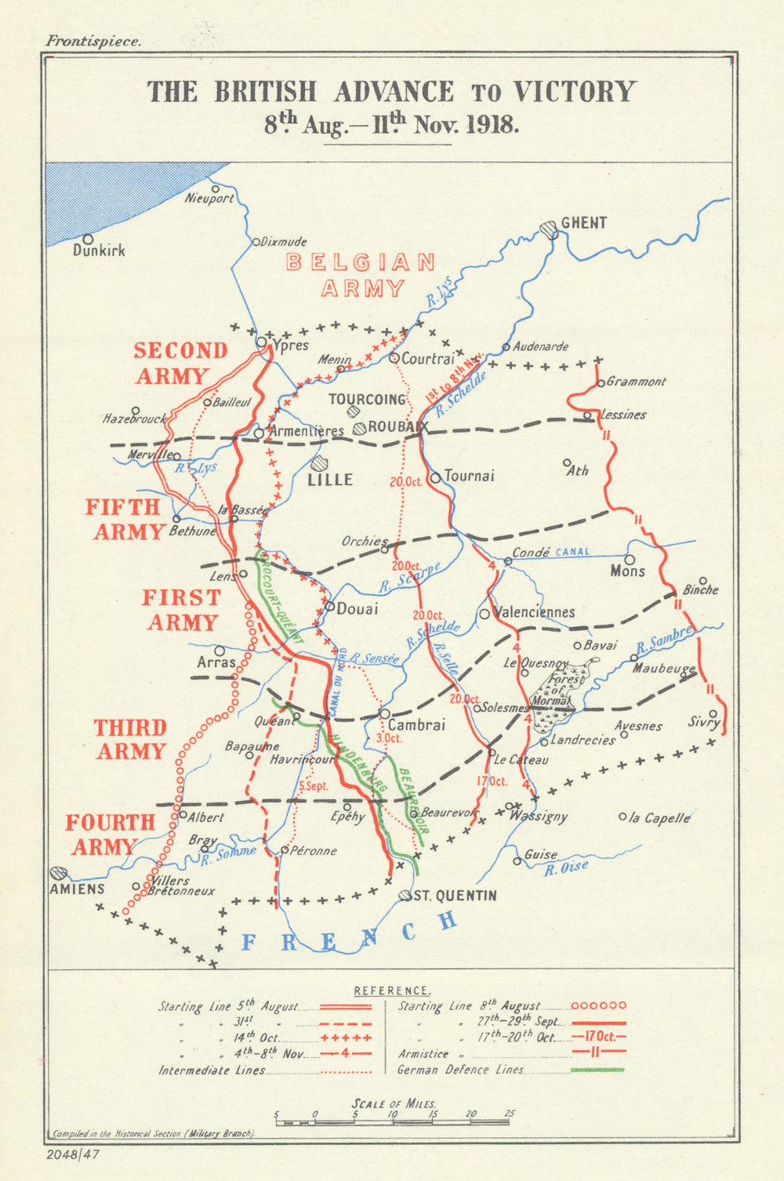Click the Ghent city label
pos(583,223)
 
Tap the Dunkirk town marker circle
pos(88,239)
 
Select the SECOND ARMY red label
pos(180,363)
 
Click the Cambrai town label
pos(416,725)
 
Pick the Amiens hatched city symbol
pos(57,872)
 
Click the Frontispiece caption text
pos(93,42)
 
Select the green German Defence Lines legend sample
pos(598,1070)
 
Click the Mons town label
pos(628,571)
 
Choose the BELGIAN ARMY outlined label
pos(361,275)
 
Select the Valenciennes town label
pos(535,612)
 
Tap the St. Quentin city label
pos(455,896)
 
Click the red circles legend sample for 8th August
pos(598,1005)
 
